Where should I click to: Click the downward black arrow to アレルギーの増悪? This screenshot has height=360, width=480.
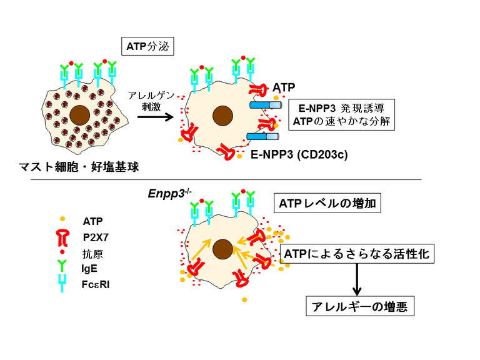pyautogui.click(x=357, y=279)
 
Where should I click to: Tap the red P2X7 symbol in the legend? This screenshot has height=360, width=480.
pyautogui.click(x=62, y=236)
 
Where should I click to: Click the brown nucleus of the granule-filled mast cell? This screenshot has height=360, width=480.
pyautogui.click(x=79, y=115)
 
